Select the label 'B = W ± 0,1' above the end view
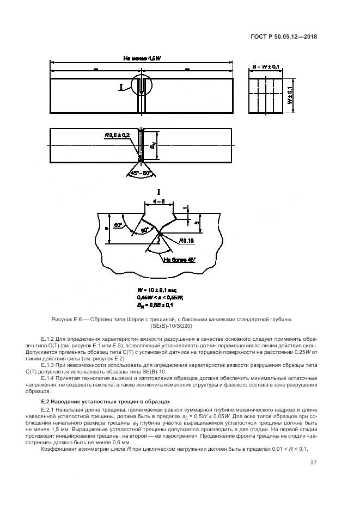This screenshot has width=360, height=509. tap(266, 66)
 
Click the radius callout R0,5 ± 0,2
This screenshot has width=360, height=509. tap(118, 134)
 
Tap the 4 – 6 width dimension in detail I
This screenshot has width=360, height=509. tap(158, 201)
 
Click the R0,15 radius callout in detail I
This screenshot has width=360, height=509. tap(185, 240)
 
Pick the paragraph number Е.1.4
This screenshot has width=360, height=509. tap(48, 377)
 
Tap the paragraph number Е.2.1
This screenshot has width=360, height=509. tap(48, 409)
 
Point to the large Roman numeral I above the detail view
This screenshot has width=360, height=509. tap(160, 191)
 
